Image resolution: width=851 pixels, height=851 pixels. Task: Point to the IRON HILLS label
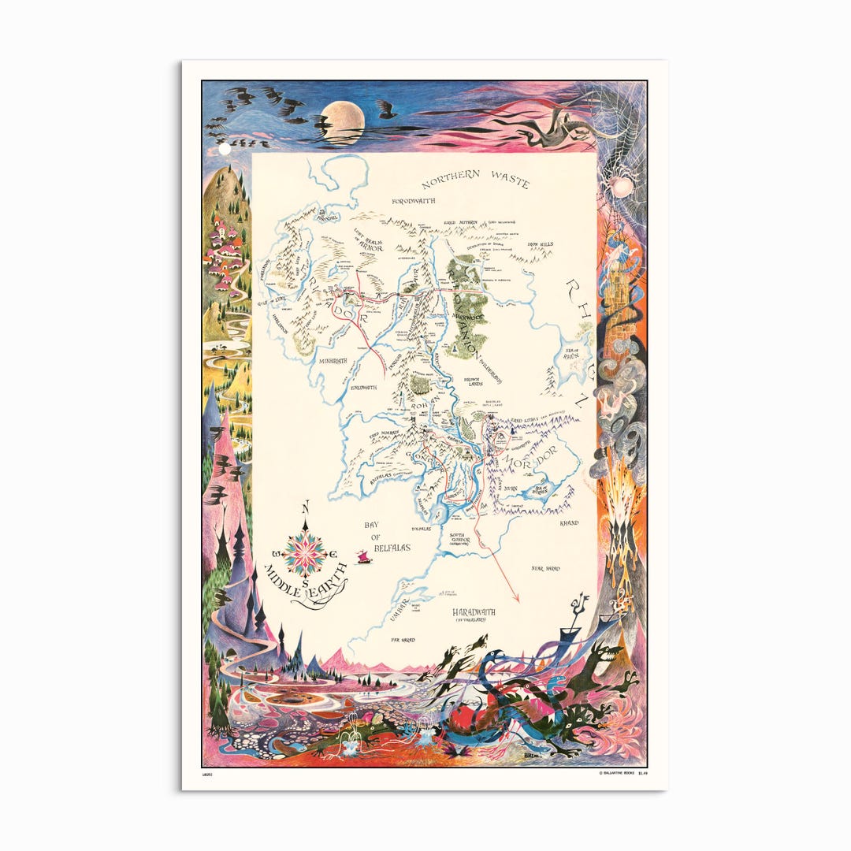(541, 244)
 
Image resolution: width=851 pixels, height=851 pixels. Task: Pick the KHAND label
(569, 523)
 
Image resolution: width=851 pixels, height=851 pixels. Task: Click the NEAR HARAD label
(545, 567)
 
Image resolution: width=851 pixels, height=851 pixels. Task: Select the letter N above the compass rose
(307, 506)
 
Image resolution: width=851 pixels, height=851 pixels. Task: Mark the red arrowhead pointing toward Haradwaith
(517, 599)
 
